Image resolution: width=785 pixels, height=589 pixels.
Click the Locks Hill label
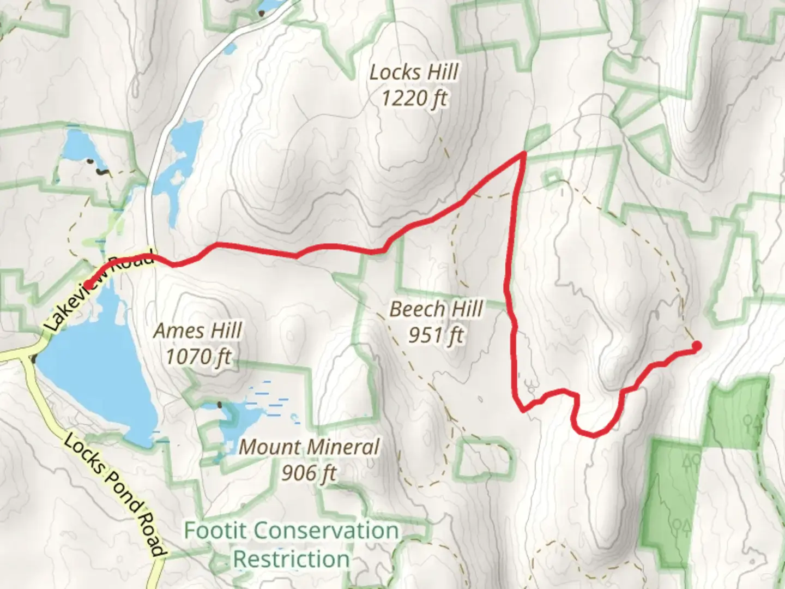414,72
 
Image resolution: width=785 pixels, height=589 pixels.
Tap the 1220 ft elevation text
414,99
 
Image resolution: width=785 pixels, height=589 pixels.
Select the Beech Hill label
436,309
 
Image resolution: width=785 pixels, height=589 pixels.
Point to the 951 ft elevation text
436,335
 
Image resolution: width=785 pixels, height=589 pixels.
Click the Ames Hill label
198,330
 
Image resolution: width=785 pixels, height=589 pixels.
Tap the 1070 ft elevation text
198,357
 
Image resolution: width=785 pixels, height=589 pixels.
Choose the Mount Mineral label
309,447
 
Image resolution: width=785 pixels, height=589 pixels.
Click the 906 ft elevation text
309,472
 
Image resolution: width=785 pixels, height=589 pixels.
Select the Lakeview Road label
98,292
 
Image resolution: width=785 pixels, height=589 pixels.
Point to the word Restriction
292,559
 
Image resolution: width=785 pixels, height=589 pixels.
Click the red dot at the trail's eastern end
697,345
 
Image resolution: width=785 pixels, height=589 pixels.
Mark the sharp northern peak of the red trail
524,154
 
